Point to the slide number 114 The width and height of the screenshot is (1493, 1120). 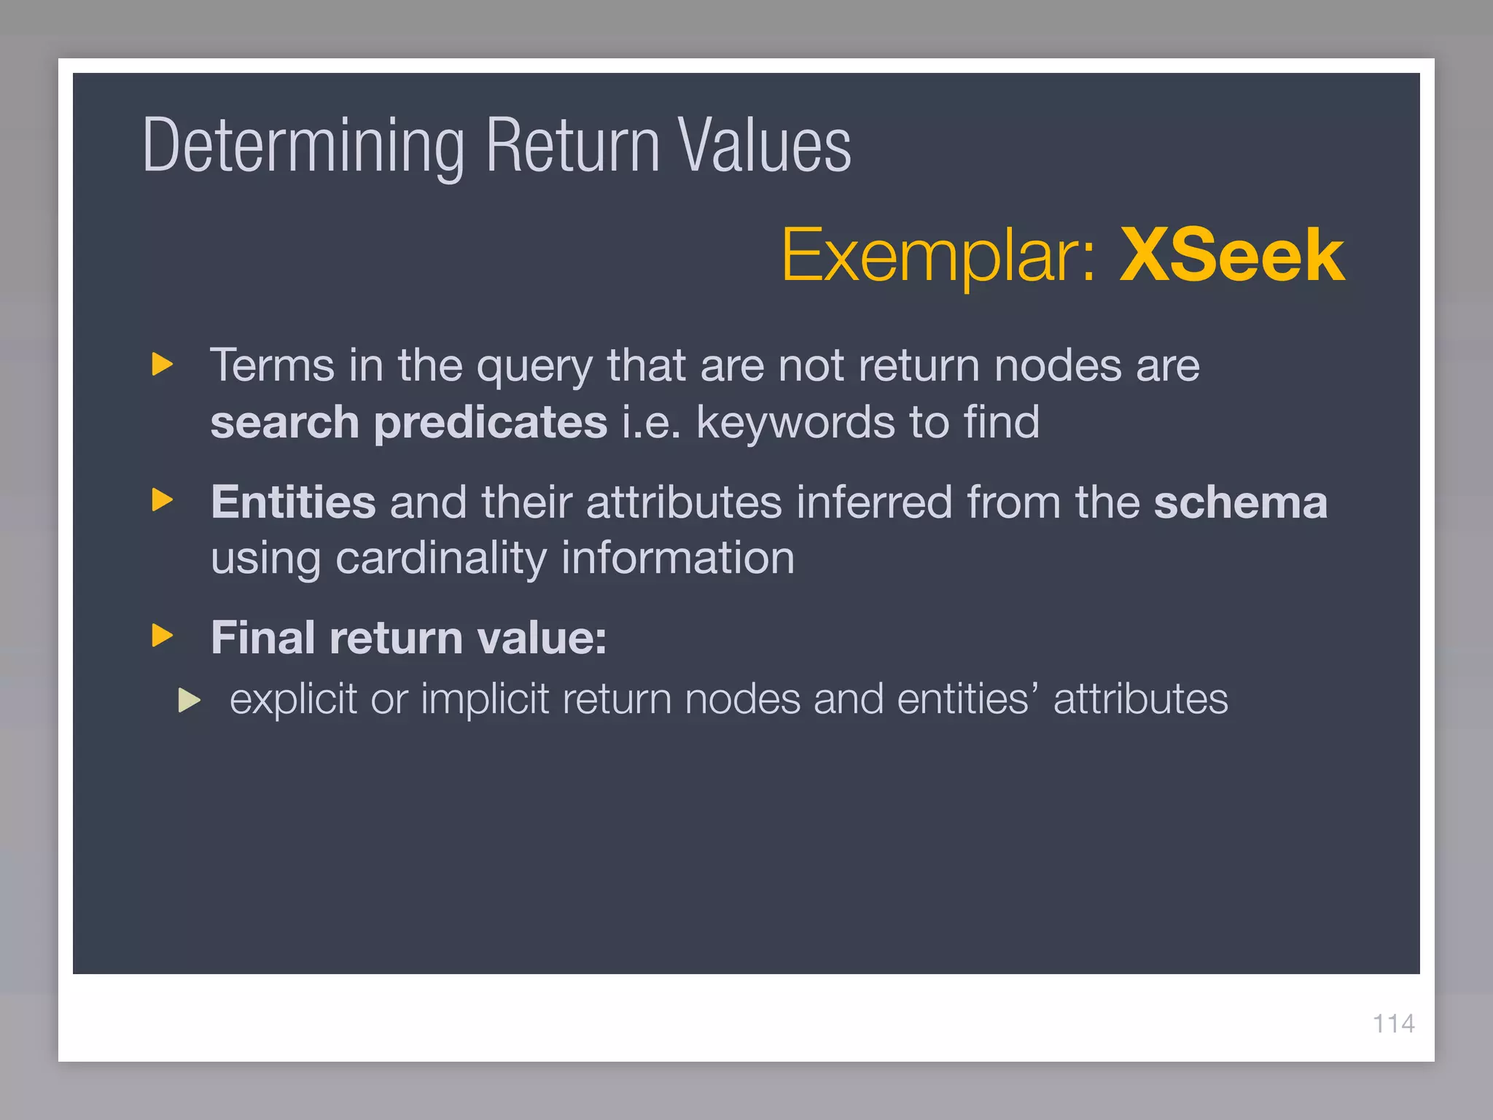[1393, 1024]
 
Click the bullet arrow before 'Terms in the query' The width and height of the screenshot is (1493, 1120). [163, 364]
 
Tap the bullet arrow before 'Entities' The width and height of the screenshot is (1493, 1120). [163, 500]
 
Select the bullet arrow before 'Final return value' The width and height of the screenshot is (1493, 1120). [163, 635]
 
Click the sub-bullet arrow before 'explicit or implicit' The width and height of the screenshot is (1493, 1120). [190, 700]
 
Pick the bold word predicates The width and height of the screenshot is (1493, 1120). [490, 422]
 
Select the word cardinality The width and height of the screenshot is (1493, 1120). [440, 559]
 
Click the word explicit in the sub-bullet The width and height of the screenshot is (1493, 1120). [293, 700]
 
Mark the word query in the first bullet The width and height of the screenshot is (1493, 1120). [534, 366]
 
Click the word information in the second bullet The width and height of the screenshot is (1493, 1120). [677, 559]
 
